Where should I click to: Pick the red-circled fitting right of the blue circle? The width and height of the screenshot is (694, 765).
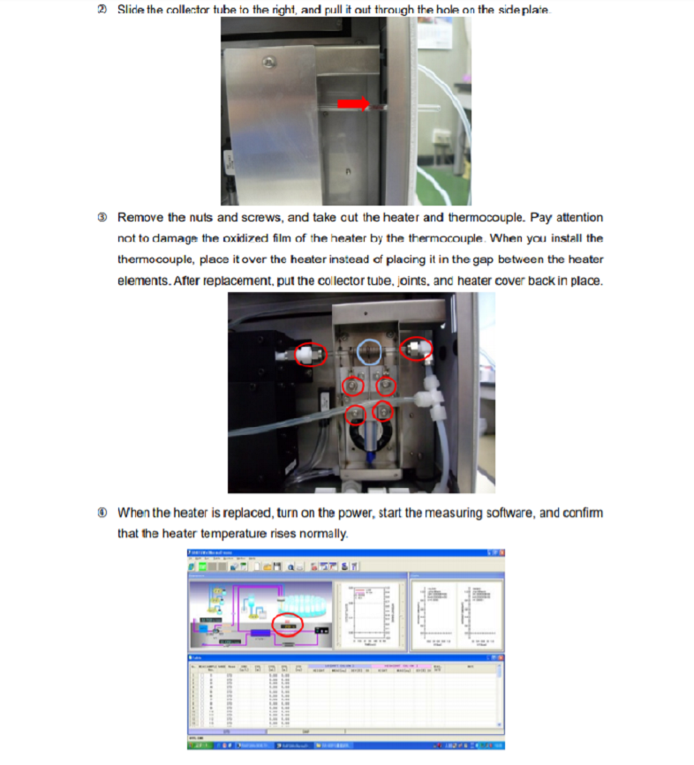pyautogui.click(x=417, y=349)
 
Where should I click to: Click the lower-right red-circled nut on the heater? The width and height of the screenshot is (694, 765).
pyautogui.click(x=383, y=410)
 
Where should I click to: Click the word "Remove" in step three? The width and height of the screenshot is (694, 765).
pyautogui.click(x=140, y=217)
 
